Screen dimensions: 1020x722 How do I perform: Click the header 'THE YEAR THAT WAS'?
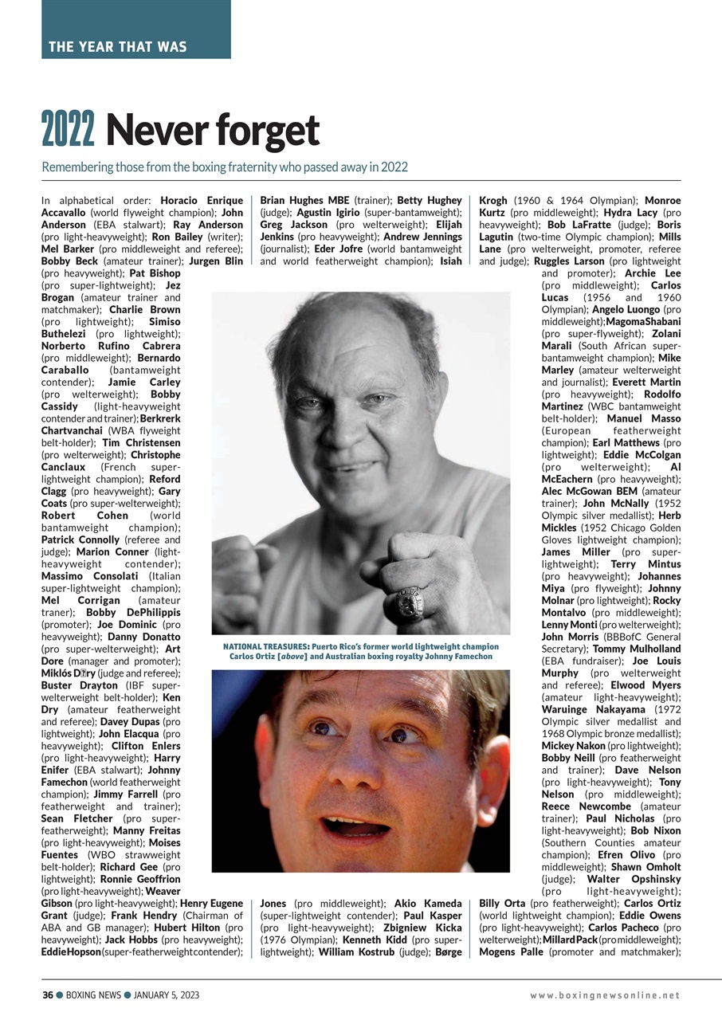[118, 46]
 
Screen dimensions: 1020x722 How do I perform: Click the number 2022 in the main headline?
[68, 131]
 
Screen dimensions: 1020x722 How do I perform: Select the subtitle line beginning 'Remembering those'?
[225, 167]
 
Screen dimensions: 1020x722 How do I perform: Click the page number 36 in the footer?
[47, 994]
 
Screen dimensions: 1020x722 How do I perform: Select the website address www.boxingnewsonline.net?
[606, 995]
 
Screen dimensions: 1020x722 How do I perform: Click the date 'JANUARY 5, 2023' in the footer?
[167, 994]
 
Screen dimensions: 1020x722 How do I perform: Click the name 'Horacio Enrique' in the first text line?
[202, 200]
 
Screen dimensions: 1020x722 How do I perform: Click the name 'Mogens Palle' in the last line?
[512, 952]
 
